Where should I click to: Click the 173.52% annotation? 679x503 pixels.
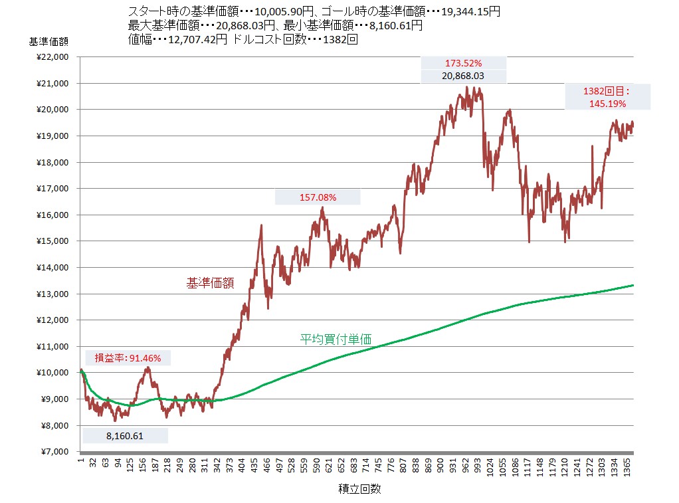pos(463,63)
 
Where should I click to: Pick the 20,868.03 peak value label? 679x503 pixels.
pos(463,76)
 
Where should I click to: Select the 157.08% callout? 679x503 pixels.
pos(318,197)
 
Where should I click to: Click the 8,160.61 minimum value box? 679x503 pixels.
pos(125,436)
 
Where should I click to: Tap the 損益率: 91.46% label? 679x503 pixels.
pos(128,358)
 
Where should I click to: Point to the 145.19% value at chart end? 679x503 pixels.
pos(607,104)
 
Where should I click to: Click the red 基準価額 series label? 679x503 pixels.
pos(210,283)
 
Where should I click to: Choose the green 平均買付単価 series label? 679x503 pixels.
pos(336,340)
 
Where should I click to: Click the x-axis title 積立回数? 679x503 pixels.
pos(359,489)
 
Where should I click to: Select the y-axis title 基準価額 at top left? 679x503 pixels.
pos(48,41)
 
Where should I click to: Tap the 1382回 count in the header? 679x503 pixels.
pos(340,39)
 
